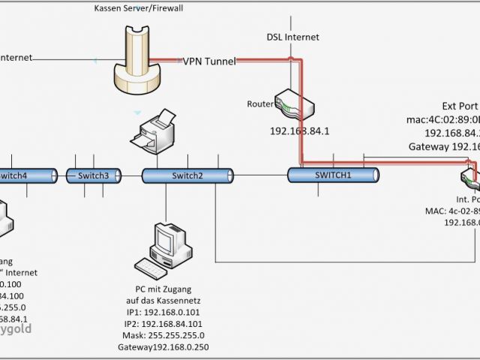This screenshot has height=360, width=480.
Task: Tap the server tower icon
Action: [x=137, y=64]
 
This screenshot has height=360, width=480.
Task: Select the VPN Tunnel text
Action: [x=209, y=61]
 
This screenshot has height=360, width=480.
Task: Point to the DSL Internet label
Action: [x=292, y=37]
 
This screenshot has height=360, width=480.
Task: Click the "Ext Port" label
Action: [x=458, y=106]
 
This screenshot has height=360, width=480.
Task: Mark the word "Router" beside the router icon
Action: [x=260, y=104]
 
